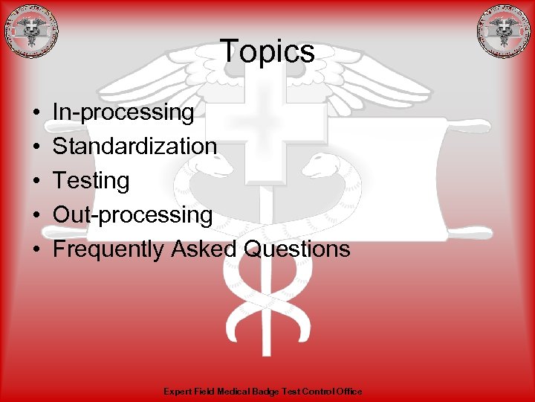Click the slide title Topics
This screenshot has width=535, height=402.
point(267,52)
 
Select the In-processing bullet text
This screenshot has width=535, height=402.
point(123,112)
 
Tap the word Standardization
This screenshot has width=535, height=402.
point(134,146)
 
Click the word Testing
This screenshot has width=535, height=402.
point(91,180)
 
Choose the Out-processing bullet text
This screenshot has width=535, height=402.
point(132,214)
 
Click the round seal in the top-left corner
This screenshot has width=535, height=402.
point(30,31)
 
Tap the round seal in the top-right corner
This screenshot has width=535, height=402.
point(505,31)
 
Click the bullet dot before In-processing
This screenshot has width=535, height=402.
point(36,113)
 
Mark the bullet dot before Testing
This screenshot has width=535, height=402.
point(36,181)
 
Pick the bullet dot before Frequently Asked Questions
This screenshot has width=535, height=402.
point(36,249)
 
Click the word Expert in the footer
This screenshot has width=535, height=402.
point(175,392)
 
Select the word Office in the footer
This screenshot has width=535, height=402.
point(348,392)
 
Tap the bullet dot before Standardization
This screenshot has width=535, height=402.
point(36,147)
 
